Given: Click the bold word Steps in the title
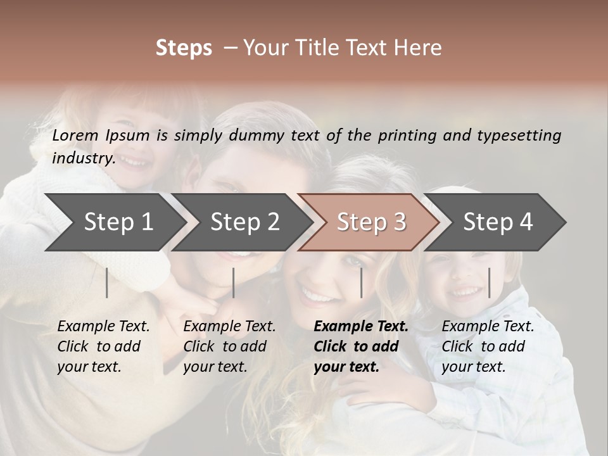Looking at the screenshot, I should (184, 48).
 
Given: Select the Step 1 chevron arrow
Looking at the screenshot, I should (114, 222).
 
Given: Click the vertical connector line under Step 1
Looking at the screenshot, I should (107, 282).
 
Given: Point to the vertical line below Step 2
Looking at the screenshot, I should (234, 282).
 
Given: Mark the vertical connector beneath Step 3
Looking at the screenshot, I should (361, 282).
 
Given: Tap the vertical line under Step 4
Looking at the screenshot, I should (489, 282).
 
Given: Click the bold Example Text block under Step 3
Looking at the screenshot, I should (361, 346).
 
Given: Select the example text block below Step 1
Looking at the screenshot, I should (103, 346).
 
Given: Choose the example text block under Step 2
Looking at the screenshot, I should (229, 346).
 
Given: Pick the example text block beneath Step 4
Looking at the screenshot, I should (488, 346).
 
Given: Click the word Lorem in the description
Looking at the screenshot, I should (75, 135).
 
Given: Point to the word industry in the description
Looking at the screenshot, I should (83, 158).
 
